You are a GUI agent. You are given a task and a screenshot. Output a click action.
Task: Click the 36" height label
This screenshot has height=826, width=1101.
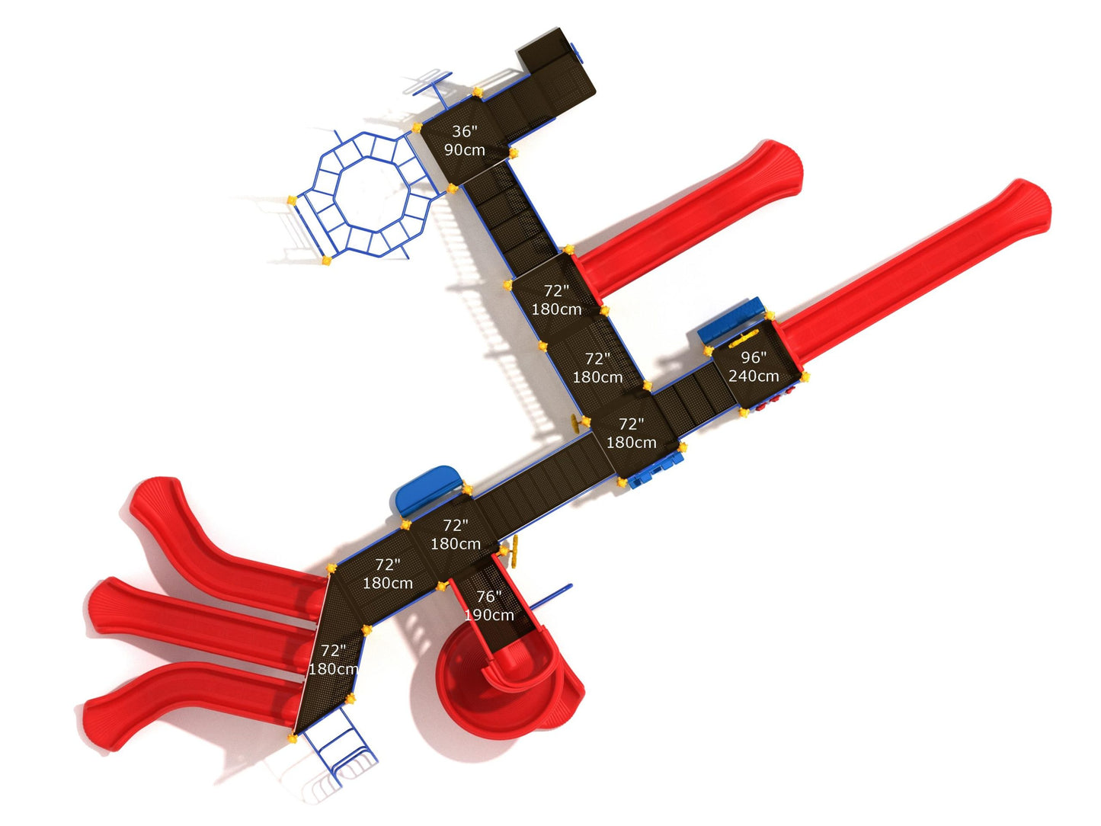[464, 131]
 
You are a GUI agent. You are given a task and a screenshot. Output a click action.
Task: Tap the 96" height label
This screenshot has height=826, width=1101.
[754, 357]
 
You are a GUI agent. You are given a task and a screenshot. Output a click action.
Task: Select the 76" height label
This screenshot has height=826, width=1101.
[488, 597]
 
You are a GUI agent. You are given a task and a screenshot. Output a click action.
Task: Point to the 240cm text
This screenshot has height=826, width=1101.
[754, 376]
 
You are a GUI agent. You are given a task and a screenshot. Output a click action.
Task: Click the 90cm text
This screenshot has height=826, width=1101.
[465, 150]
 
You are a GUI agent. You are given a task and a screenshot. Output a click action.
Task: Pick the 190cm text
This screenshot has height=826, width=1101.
[489, 615]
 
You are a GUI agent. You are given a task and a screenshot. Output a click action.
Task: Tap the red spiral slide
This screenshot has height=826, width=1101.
[507, 687]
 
